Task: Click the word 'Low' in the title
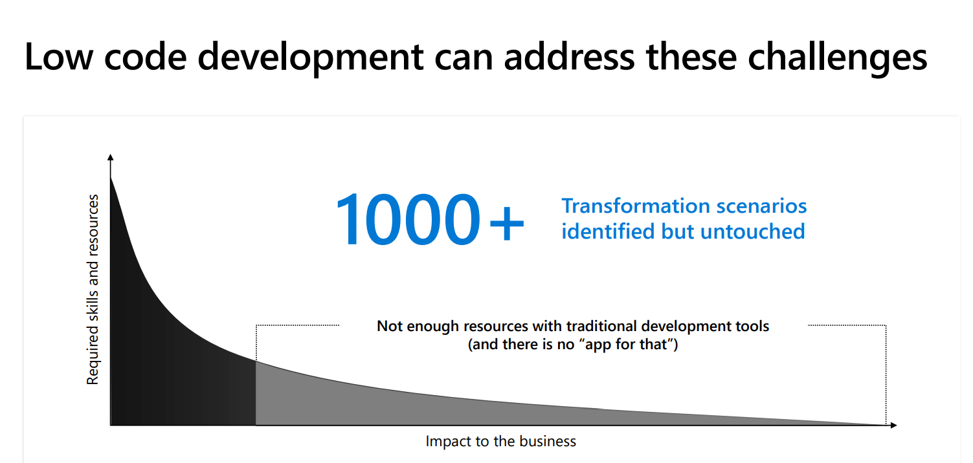pyautogui.click(x=59, y=56)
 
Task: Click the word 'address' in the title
pyautogui.click(x=570, y=56)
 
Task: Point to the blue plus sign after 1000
pyautogui.click(x=506, y=223)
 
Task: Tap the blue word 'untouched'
pyautogui.click(x=753, y=231)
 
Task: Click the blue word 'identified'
pyautogui.click(x=609, y=231)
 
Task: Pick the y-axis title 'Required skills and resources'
pyautogui.click(x=93, y=290)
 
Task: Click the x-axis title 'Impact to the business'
pyautogui.click(x=501, y=441)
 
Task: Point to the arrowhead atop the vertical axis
pyautogui.click(x=110, y=157)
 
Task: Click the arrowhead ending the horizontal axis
pyautogui.click(x=893, y=425)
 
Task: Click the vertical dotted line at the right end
pyautogui.click(x=886, y=375)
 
